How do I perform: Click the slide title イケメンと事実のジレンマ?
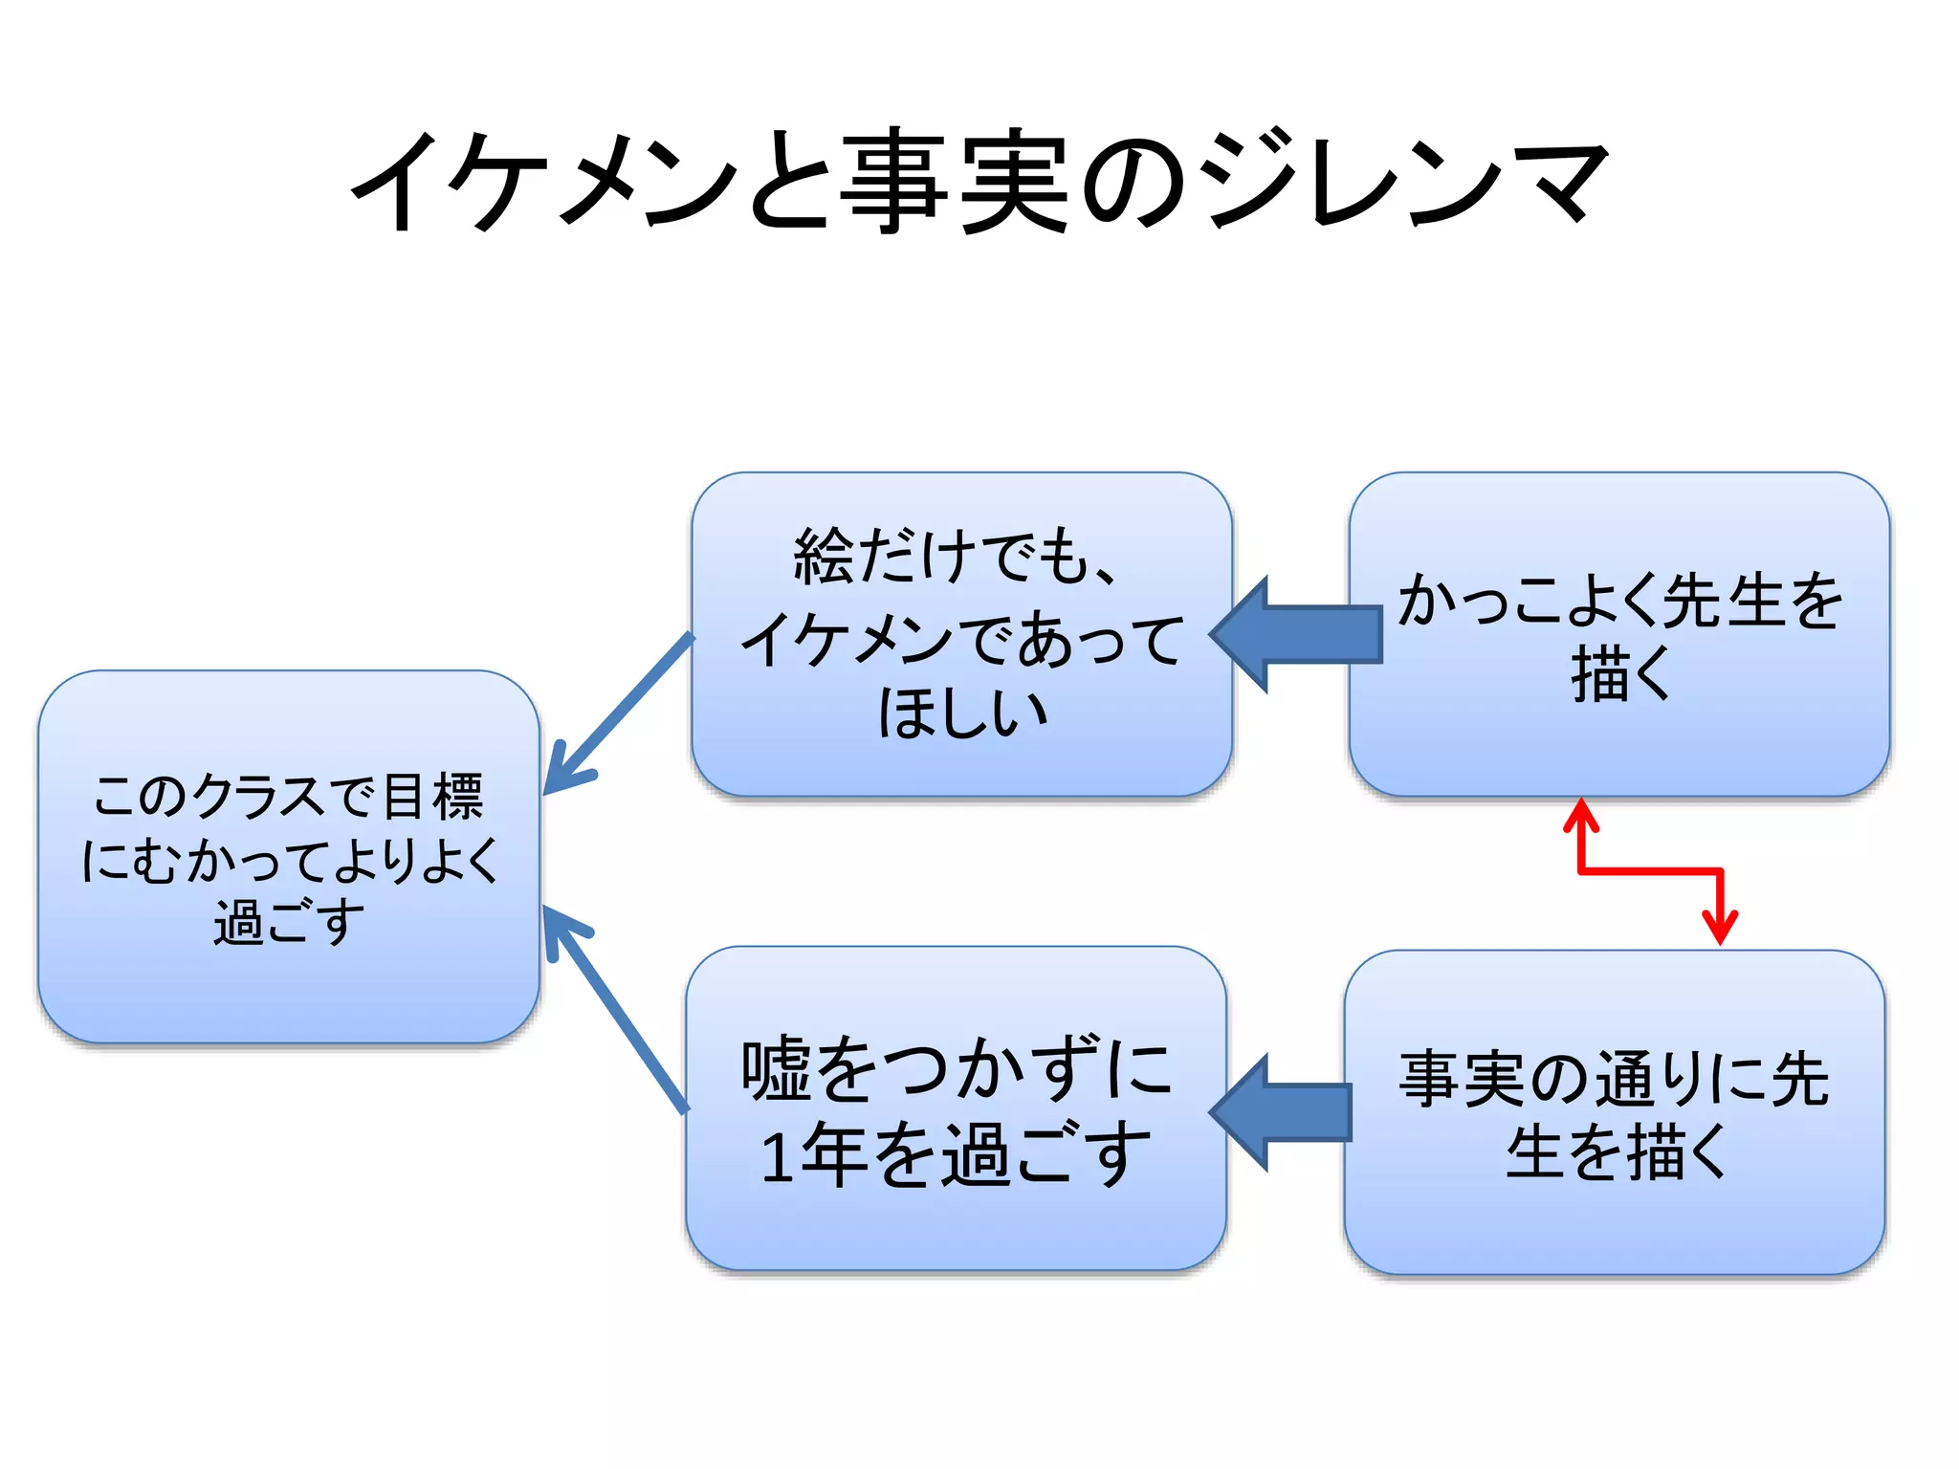pyautogui.click(x=979, y=182)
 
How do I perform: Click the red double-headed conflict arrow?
pyautogui.click(x=1650, y=871)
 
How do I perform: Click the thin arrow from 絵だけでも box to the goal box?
pyautogui.click(x=617, y=713)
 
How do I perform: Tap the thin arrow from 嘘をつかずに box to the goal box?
pyautogui.click(x=617, y=1009)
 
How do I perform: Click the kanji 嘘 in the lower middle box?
pyautogui.click(x=775, y=1070)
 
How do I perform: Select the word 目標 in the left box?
pyautogui.click(x=433, y=797)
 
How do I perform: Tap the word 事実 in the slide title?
pyautogui.click(x=953, y=182)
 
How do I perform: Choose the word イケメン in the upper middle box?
pyautogui.click(x=846, y=639)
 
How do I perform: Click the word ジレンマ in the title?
pyautogui.click(x=1402, y=182)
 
